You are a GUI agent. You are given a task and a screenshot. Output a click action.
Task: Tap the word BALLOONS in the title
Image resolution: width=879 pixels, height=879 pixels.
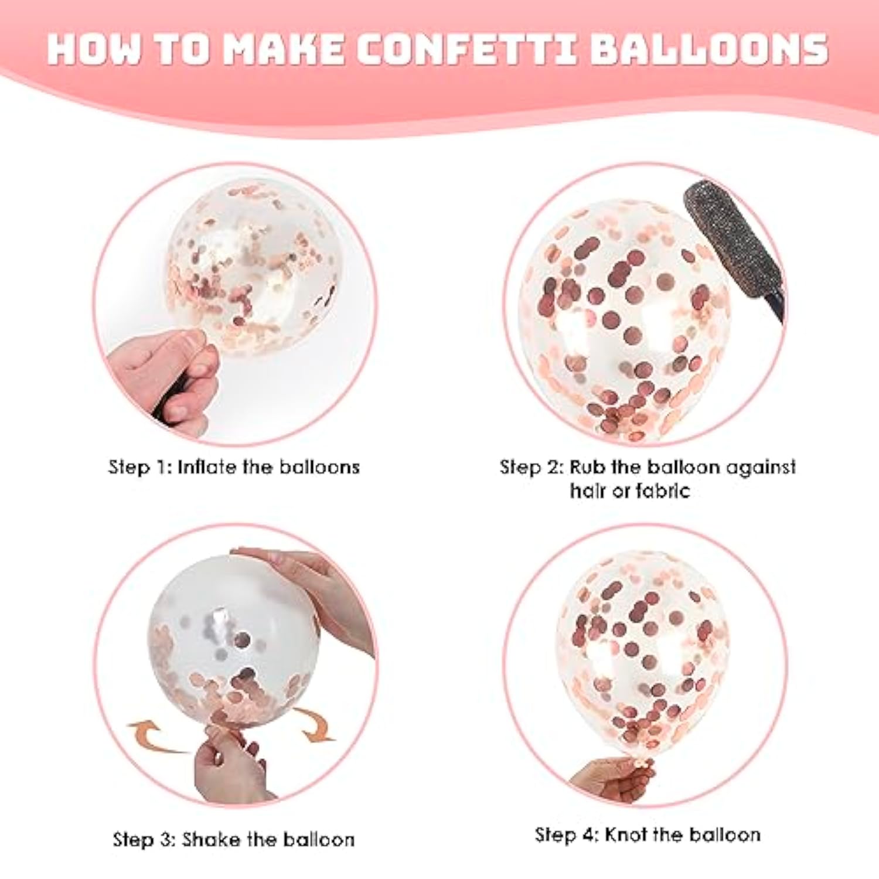(709, 49)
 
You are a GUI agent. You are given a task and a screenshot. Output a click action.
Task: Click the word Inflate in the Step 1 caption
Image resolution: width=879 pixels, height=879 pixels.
(207, 467)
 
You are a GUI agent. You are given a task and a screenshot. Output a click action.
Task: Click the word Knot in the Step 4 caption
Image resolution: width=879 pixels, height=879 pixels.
(625, 834)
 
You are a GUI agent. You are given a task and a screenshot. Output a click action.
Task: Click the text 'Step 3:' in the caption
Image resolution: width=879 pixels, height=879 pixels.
(144, 839)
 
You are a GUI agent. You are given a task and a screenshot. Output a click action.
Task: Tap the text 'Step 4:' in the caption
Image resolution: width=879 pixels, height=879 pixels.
(567, 834)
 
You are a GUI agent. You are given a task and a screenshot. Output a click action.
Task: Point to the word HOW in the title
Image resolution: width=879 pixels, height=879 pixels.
(94, 49)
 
